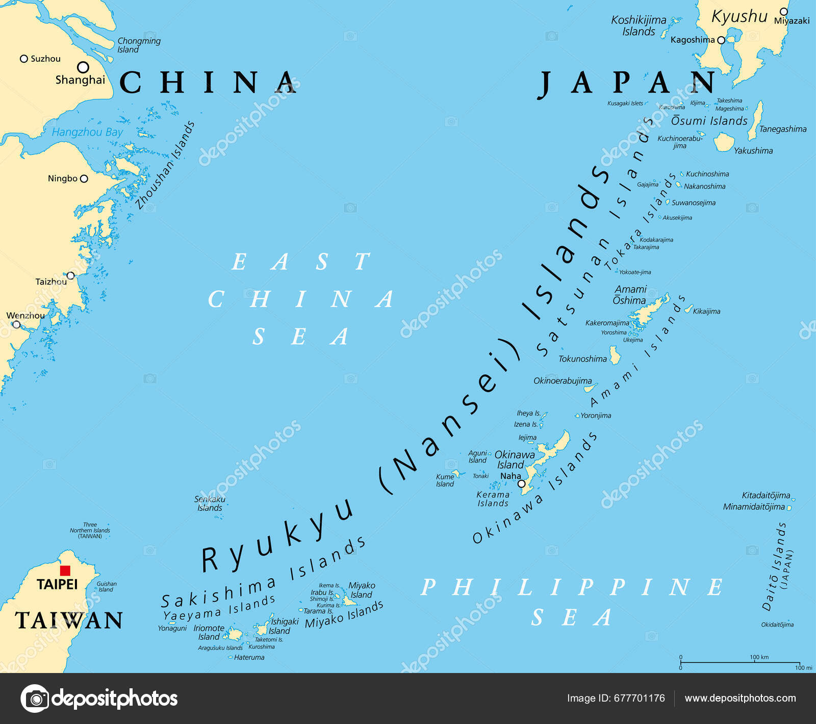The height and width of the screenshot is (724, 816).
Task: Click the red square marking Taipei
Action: click(x=65, y=571)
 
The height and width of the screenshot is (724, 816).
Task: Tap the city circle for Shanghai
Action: click(x=83, y=67)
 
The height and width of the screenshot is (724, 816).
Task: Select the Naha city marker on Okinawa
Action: click(x=521, y=484)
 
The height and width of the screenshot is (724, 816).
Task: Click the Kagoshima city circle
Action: click(x=721, y=40)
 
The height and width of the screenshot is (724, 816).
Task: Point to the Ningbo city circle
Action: click(x=84, y=178)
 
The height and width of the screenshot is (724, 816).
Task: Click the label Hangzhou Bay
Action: click(x=87, y=132)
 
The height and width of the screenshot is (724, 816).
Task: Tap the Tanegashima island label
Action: click(x=782, y=129)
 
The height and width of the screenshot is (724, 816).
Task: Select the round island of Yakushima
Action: click(x=723, y=142)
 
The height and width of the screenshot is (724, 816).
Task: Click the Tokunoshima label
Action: click(x=582, y=359)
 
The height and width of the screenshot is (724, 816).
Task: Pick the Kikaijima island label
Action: click(x=706, y=311)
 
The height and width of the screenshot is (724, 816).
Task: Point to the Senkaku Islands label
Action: click(x=210, y=503)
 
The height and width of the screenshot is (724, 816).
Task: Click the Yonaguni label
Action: click(x=172, y=628)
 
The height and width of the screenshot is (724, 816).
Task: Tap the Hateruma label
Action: click(x=249, y=657)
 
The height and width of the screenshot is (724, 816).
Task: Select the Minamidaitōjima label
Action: click(x=754, y=507)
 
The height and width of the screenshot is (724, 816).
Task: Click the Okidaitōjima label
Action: click(x=777, y=625)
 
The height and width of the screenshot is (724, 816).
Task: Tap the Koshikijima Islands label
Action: click(x=639, y=25)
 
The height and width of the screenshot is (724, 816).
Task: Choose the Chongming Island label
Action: click(x=138, y=45)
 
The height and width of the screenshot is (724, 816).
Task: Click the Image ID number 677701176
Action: click(x=640, y=698)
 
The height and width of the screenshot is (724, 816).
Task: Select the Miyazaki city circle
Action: click(x=784, y=12)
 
